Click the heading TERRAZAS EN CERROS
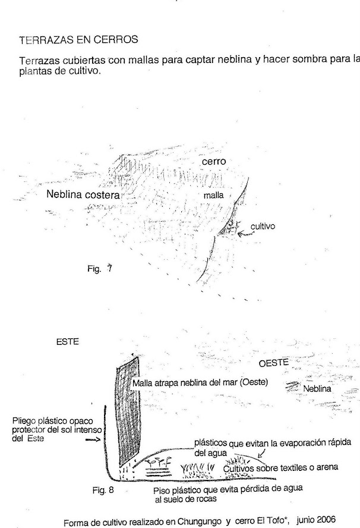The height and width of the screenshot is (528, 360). (x=78, y=40)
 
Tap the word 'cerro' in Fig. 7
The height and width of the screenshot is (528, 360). (x=213, y=161)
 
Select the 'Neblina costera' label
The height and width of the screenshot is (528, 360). (x=84, y=194)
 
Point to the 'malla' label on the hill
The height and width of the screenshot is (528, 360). (x=213, y=194)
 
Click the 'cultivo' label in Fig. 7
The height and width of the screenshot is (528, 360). (x=263, y=226)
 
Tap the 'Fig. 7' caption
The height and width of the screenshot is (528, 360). (x=99, y=268)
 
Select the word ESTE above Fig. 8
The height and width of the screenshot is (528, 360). (x=68, y=342)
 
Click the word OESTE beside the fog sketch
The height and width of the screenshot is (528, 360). (x=273, y=363)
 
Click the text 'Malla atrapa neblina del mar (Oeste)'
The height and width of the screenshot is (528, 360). (x=199, y=383)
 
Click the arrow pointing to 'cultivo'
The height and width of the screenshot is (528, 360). (x=244, y=234)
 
